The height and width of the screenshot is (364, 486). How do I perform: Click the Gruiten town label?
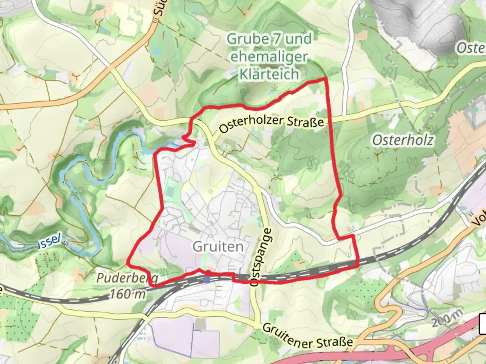point(218,247)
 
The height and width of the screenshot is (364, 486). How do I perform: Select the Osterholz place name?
point(403,140)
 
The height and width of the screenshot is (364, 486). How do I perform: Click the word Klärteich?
point(269,74)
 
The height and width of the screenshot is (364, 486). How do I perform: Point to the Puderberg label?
point(127,278)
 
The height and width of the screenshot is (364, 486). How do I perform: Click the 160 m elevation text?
point(128,294)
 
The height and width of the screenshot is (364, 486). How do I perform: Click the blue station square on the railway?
point(207,279)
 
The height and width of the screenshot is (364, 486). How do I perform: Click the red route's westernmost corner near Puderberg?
point(128,261)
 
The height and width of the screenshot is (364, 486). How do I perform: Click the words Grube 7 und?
point(269,39)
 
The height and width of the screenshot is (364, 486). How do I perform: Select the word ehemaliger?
point(269,57)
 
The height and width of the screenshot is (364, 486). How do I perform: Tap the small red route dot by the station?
point(209,272)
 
